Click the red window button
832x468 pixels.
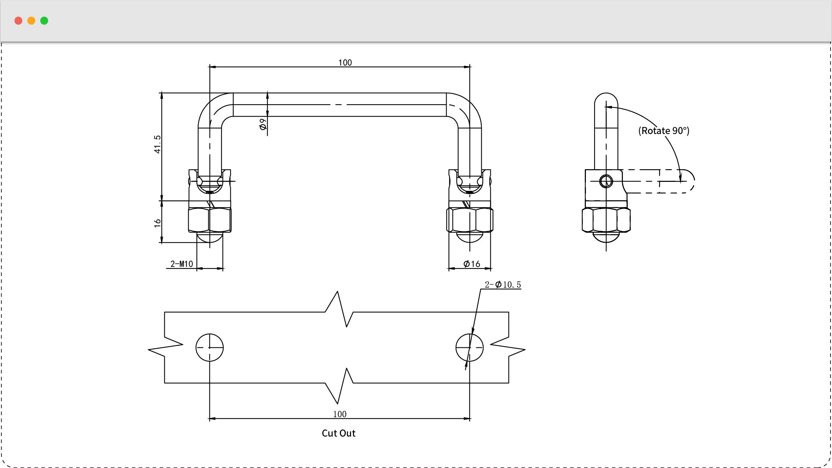click(18, 21)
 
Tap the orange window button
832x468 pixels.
click(31, 21)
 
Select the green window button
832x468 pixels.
click(44, 21)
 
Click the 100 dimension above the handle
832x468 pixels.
click(345, 62)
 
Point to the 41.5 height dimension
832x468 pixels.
click(157, 144)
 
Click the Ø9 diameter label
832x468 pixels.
click(263, 124)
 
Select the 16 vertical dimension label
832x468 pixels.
click(157, 223)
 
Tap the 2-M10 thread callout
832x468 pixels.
click(181, 264)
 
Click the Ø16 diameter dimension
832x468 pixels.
click(472, 264)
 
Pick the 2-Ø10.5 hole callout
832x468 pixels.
click(503, 285)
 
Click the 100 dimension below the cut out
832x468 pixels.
click(340, 414)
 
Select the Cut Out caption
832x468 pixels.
click(339, 433)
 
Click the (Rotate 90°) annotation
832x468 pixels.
click(664, 131)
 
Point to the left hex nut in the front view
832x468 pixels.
click(209, 220)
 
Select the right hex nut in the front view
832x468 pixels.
click(470, 220)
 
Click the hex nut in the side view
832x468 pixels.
click(606, 220)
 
